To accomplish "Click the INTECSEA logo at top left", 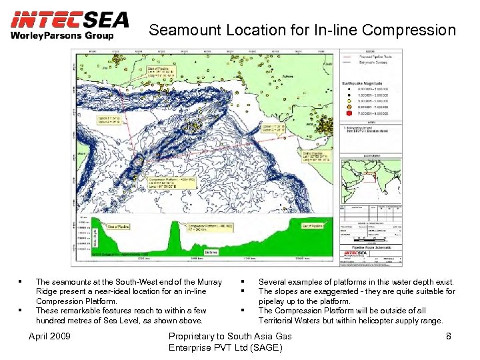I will (69, 19).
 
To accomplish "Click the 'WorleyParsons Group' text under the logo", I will (61, 35).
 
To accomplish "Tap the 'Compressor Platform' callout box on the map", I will (169, 183).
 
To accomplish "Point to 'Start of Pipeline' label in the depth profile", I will (119, 227).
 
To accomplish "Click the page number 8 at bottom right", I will (449, 336).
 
